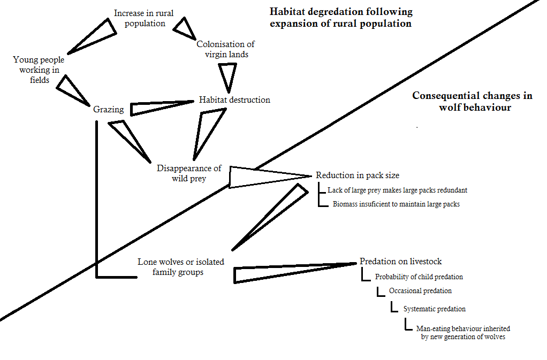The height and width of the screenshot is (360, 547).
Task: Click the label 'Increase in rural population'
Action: pyautogui.click(x=143, y=19)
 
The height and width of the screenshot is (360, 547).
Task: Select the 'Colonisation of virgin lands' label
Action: pyautogui.click(x=225, y=49)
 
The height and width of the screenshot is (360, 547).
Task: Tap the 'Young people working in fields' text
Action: pyautogui.click(x=39, y=70)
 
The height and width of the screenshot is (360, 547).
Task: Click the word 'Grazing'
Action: pyautogui.click(x=109, y=110)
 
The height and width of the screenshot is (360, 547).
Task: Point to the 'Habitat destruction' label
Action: pyautogui.click(x=234, y=99)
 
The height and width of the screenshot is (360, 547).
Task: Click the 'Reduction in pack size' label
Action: pyautogui.click(x=358, y=175)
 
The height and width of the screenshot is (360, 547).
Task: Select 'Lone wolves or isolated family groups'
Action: pyautogui.click(x=181, y=267)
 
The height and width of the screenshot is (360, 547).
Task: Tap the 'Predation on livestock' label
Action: pyautogui.click(x=400, y=262)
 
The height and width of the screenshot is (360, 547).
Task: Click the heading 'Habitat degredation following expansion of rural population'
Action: pyautogui.click(x=341, y=18)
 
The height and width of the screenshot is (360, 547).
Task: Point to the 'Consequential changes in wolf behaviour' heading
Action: pyautogui.click(x=472, y=102)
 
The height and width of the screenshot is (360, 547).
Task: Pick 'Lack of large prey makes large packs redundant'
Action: pyautogui.click(x=398, y=190)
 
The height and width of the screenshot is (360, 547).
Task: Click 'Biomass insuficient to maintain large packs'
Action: pyautogui.click(x=396, y=204)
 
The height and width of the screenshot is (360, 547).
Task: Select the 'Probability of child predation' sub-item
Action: pyautogui.click(x=419, y=277)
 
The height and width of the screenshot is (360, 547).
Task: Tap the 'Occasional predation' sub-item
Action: pyautogui.click(x=420, y=291)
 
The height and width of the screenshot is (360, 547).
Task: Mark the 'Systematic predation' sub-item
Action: pyautogui.click(x=434, y=309)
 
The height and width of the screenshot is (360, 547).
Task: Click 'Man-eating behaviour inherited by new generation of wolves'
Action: pyautogui.click(x=463, y=333)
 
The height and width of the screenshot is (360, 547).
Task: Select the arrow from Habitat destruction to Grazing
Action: pyautogui.click(x=155, y=107)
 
